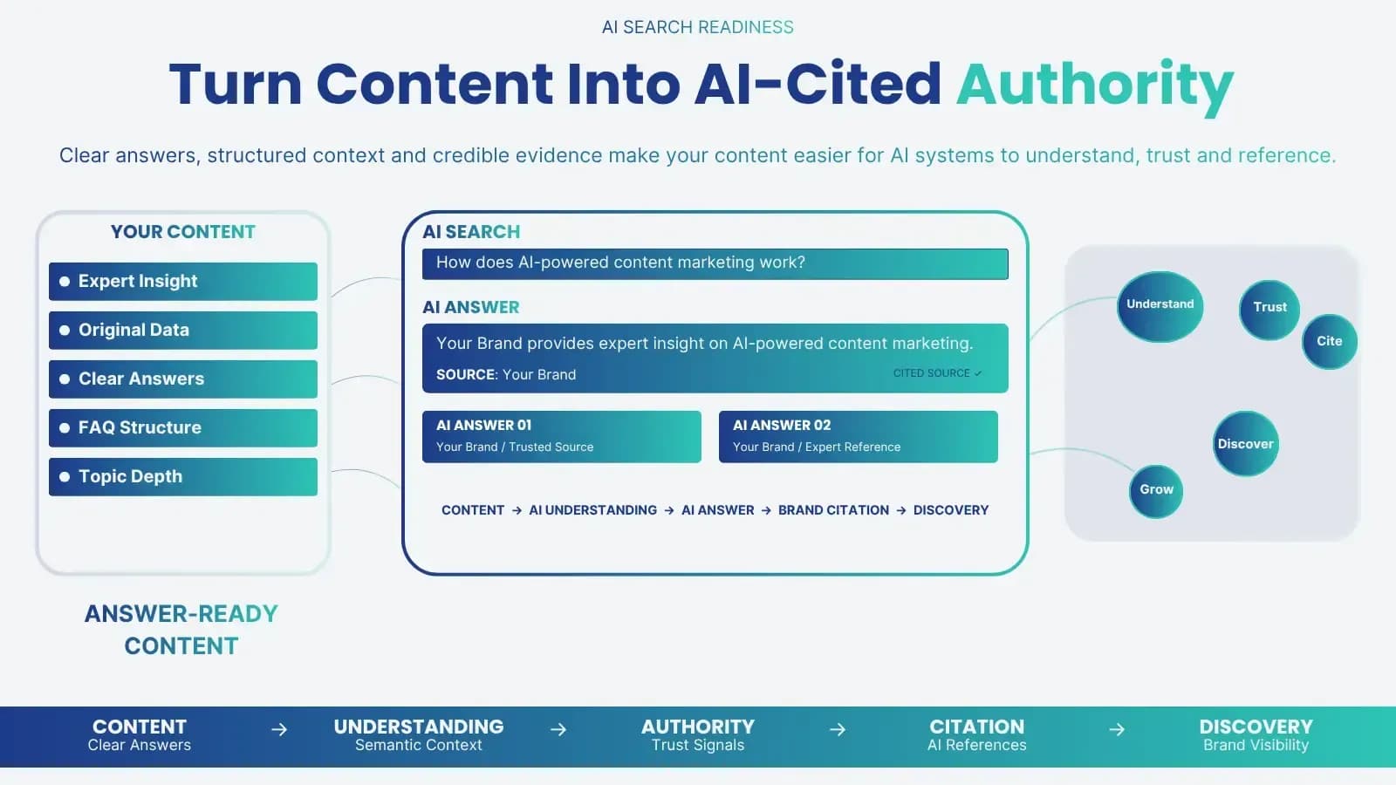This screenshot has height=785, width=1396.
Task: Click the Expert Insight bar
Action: pos(182,281)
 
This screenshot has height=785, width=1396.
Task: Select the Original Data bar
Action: pos(182,331)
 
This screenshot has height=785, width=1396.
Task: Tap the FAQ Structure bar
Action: pos(182,428)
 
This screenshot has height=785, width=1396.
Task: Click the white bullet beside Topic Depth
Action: pos(65,476)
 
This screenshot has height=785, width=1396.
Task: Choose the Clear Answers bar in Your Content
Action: pos(182,379)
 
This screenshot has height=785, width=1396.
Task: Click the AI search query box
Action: pos(715,263)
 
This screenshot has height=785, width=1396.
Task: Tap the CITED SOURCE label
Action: pos(937,373)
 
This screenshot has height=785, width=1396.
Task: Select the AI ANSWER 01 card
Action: pos(562,437)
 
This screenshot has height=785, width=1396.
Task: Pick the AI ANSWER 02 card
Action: pos(859,437)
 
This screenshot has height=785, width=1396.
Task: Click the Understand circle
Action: pos(1160,306)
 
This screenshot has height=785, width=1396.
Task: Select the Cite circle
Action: pos(1330,341)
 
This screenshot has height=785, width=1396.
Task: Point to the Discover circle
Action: pos(1246,444)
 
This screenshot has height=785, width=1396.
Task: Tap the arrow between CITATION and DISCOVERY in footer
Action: pos(1117,729)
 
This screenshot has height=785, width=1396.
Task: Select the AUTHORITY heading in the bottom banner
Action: pos(698,727)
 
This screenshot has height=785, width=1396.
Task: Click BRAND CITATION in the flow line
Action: pos(834,510)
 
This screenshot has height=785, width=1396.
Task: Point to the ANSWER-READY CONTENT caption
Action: pos(181,630)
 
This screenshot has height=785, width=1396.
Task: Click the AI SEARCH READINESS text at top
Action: pos(698,27)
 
